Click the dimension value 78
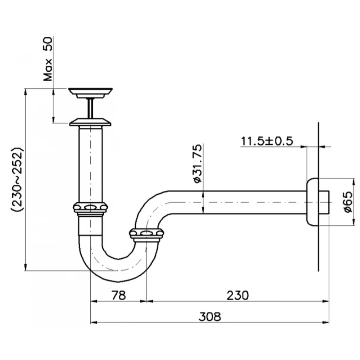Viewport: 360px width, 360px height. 119,295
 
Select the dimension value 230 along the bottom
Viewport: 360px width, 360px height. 238,295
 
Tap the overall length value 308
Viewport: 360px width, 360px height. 210,316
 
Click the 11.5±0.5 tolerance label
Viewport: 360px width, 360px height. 267,141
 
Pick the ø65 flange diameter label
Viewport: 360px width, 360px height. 348,202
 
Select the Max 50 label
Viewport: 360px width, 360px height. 48,59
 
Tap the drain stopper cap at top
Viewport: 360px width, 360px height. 90,93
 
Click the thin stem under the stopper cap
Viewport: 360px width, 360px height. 90,108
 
